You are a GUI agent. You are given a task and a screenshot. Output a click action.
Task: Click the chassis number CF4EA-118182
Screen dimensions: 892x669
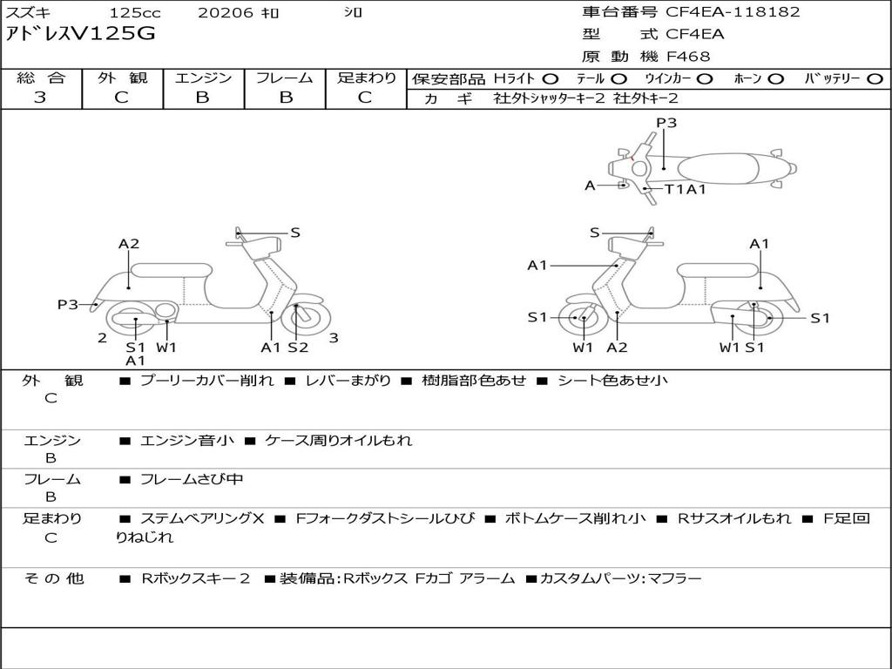click(x=733, y=12)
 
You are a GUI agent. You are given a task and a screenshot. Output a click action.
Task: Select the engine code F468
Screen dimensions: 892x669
click(x=688, y=57)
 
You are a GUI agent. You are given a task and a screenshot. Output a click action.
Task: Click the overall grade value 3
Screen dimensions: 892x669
click(x=40, y=98)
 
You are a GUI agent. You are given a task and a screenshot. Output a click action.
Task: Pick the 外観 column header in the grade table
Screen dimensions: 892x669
click(x=122, y=78)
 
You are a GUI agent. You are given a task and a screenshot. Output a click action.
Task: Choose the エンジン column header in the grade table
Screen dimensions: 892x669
click(x=203, y=78)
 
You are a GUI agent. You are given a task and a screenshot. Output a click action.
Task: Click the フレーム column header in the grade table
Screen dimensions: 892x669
click(x=284, y=78)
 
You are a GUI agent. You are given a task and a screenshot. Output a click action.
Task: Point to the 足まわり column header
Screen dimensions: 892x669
click(x=366, y=78)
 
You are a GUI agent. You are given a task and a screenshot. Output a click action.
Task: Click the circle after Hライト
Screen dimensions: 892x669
click(x=551, y=78)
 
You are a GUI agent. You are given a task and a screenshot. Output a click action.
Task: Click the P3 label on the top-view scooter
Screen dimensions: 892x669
click(x=666, y=123)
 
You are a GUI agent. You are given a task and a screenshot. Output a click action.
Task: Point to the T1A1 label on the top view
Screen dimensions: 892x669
click(x=686, y=189)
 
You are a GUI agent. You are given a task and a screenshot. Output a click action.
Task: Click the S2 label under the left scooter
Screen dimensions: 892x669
click(x=298, y=348)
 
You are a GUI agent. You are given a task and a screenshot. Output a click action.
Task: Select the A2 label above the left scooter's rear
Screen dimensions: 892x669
click(x=129, y=244)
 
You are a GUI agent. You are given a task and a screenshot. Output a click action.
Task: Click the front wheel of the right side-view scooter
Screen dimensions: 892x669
click(x=582, y=319)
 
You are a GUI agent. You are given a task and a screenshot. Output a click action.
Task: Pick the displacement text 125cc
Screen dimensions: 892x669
click(x=135, y=12)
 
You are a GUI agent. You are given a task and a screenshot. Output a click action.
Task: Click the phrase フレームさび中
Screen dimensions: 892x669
click(x=192, y=479)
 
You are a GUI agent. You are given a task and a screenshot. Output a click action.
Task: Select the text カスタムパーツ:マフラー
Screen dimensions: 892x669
click(x=620, y=578)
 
